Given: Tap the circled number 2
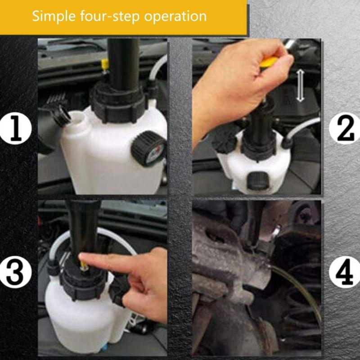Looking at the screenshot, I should point(344,128).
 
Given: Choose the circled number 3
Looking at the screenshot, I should point(16,272).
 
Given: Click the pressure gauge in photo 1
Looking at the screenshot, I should point(149,149).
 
